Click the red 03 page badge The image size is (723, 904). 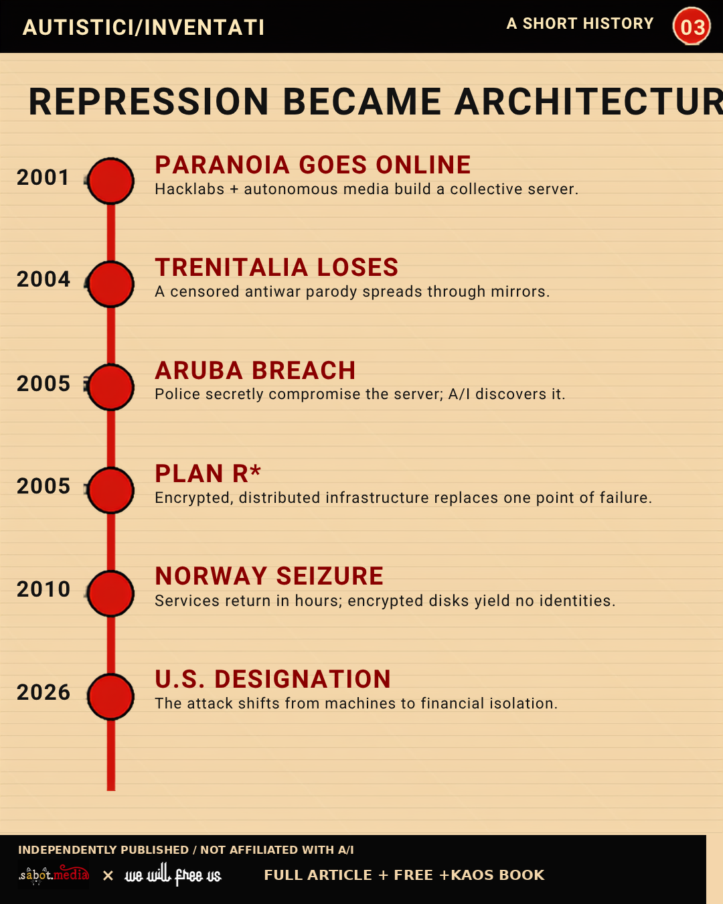coord(691,26)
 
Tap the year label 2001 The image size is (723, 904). coord(43,177)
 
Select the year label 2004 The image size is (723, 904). coord(44,279)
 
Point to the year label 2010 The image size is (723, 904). coord(44,589)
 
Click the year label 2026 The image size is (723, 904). coord(44,692)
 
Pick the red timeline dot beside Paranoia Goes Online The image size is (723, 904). coord(111,181)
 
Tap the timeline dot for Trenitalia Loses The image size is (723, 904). coord(111,284)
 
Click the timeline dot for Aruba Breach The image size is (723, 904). coord(111,387)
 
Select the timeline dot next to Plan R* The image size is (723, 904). coord(111,490)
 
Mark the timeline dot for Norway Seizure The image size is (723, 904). coord(111,593)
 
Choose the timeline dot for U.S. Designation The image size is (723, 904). coord(111,696)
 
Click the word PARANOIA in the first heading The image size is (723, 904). coord(222,165)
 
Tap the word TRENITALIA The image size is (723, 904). coord(232,268)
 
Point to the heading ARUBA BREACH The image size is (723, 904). coord(255,370)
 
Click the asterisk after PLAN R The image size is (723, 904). coord(255,471)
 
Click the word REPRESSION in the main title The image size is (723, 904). coord(149,102)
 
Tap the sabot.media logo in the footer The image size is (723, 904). coord(54,875)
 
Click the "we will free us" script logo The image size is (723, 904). coord(173,875)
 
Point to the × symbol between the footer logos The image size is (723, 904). coord(108,875)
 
